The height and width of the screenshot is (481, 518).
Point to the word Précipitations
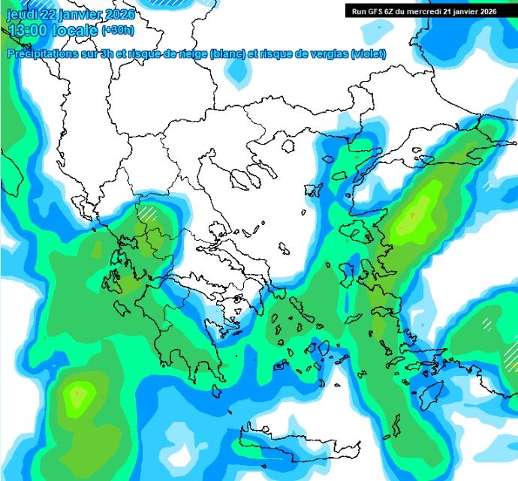pyautogui.click(x=43, y=54)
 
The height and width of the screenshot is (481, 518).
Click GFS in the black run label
pyautogui.click(x=372, y=11)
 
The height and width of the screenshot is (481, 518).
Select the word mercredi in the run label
pyautogui.click(x=429, y=11)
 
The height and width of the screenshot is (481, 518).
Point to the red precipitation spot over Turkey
pyautogui.click(x=412, y=215)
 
